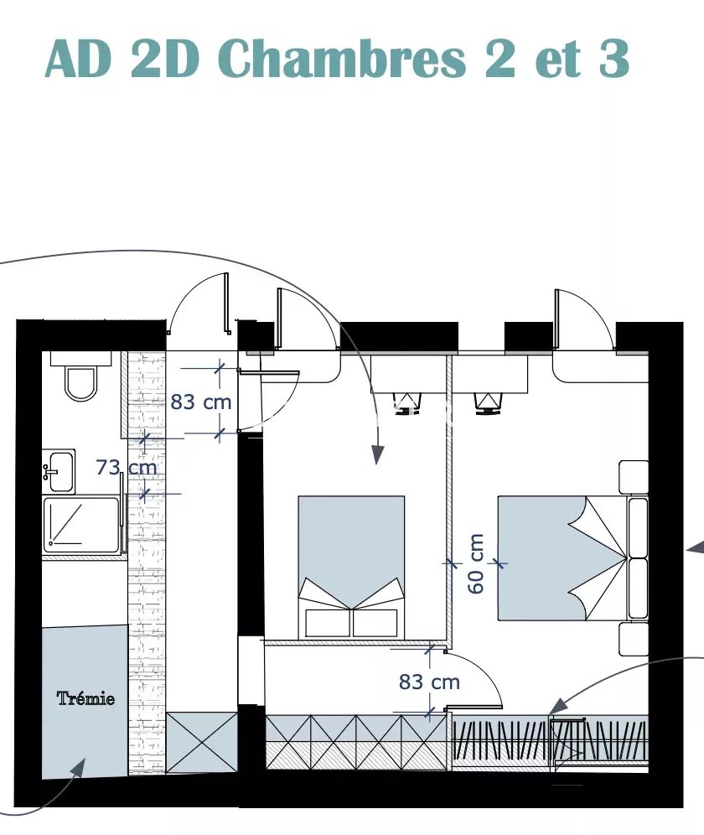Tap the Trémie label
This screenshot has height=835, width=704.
coord(85,698)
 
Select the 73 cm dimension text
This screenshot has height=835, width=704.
coord(127,468)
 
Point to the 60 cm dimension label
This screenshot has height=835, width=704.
coord(476,563)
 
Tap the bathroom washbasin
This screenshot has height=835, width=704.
coord(59,471)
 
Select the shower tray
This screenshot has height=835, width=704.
coord(81,526)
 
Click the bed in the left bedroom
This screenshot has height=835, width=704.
coord(351,567)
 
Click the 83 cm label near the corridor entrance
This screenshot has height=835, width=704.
coord(201,402)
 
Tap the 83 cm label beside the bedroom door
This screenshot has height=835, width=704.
coord(429,682)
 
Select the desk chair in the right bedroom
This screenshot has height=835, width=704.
coord(489,402)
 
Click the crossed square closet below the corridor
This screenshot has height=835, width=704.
coord(202,742)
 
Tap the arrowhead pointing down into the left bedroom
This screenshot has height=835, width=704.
coord(377,454)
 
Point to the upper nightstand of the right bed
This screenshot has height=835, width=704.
coord(634,477)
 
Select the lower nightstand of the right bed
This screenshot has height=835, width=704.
coord(634,639)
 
